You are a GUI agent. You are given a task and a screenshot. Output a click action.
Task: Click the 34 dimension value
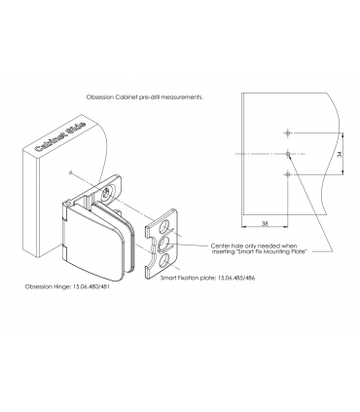pos(340,154)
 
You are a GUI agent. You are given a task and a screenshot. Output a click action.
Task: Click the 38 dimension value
pos(265,223)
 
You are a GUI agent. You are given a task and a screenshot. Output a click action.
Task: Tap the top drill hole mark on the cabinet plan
pos(287,132)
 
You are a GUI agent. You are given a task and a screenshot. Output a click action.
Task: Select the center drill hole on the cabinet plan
pos(288,154)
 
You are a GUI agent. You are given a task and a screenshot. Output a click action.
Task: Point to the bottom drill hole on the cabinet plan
pos(287,174)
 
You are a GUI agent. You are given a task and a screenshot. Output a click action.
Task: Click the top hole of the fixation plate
pos(165,226)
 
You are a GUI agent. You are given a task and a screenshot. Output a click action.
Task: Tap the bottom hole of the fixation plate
pos(164,260)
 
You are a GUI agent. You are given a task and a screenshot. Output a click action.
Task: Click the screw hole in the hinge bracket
pos(106,193)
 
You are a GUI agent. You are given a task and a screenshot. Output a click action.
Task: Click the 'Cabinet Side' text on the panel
pos(59,137)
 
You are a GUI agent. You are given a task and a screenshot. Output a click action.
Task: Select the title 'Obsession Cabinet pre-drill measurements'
pos(145,96)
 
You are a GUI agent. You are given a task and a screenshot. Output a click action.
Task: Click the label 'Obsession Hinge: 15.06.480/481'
pos(67,286)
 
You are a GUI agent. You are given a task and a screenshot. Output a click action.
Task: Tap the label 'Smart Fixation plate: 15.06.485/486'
pos(207,278)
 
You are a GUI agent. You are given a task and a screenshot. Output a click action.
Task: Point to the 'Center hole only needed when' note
pos(254,245)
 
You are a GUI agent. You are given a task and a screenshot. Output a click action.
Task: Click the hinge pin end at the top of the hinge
pos(67,203)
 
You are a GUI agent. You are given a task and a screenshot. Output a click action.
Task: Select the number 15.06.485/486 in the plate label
pos(236,278)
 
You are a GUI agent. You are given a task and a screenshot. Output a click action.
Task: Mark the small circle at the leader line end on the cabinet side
pos(70,172)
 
